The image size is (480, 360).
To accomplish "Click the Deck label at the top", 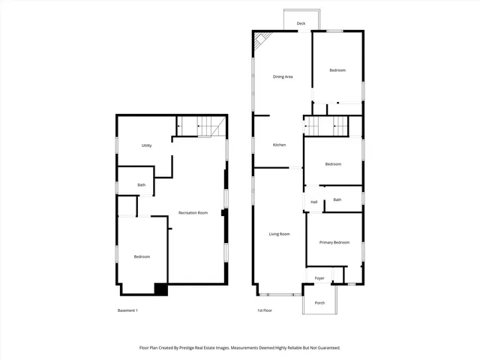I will coord(301,23).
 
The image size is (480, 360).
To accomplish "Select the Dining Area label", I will coord(282,76).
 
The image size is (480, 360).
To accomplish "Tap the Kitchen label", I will coord(279,145).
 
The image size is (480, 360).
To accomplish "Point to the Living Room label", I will coord(280,234).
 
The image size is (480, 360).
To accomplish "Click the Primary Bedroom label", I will coord(334,242).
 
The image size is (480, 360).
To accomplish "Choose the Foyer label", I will coord(319,278).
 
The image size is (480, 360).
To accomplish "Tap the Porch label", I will coord(319,303).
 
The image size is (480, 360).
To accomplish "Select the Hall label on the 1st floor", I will coord(314,202).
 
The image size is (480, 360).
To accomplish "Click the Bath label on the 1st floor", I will coord(337,199).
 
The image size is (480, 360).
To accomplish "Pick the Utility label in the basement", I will coord(147,145).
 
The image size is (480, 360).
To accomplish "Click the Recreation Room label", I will coord(193,213).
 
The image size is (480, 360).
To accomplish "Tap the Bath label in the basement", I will coord(141,185).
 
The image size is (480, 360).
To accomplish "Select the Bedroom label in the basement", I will coord(142,256).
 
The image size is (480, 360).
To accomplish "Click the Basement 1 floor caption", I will coord(128,310).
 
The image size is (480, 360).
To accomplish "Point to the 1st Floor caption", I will coord(265,310).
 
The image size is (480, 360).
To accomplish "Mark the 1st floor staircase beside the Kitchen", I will coord(327,126).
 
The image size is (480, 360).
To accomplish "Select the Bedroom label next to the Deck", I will coord(337,70).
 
